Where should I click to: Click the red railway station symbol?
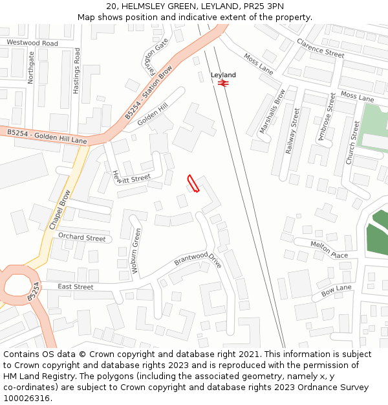pyautogui.click(x=224, y=83)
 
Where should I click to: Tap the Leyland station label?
pyautogui.click(x=223, y=75)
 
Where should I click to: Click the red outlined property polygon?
pyautogui.click(x=193, y=184)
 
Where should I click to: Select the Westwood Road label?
pyautogui.click(x=32, y=43)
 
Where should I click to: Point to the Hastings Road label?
pyautogui.click(x=76, y=71)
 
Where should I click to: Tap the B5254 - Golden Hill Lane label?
pyautogui.click(x=47, y=136)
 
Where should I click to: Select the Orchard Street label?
pyautogui.click(x=81, y=237)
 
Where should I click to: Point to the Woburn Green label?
pyautogui.click(x=136, y=250)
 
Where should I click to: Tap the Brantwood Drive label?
pyautogui.click(x=197, y=260)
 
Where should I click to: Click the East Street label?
pyautogui.click(x=76, y=286)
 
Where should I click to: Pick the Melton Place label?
pyautogui.click(x=329, y=249)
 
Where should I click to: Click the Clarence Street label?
pyautogui.click(x=321, y=48)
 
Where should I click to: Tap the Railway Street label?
pyautogui.click(x=294, y=132)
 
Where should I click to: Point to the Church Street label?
pyautogui.click(x=354, y=142)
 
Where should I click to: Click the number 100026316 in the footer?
pyautogui.click(x=27, y=398)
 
